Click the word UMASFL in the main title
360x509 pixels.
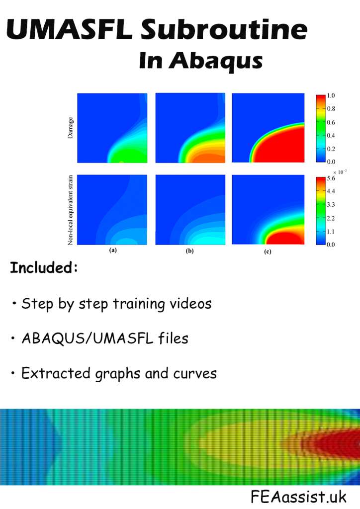[70, 31]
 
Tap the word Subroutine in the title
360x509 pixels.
[222, 31]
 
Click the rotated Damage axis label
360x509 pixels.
[71, 127]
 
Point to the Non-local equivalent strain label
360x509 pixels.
[71, 209]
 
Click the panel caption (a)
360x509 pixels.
[113, 251]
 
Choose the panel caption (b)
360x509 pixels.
[189, 251]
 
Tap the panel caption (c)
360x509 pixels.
[268, 252]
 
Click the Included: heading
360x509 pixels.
[44, 268]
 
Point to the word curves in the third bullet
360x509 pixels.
[191, 373]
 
